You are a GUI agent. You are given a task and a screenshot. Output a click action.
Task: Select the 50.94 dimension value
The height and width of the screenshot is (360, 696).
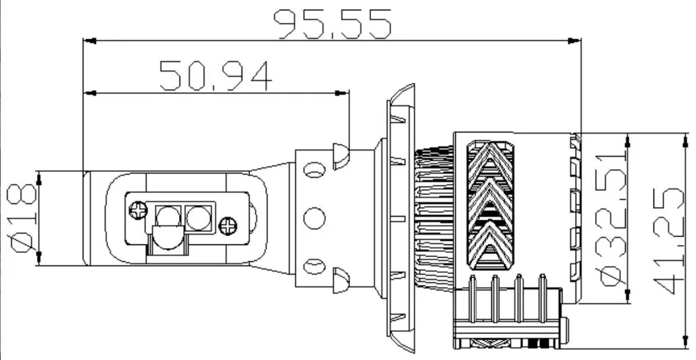(215, 75)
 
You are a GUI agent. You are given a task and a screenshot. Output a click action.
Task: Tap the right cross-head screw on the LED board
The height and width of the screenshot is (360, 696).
(228, 226)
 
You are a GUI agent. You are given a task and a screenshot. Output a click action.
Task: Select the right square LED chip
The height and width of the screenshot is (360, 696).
(198, 217)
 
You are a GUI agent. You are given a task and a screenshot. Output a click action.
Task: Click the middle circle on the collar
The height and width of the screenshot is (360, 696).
(315, 217)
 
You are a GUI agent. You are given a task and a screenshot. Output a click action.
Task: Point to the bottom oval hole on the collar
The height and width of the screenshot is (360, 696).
(315, 265)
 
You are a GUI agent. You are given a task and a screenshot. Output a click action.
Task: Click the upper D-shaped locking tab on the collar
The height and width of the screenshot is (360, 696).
(340, 157)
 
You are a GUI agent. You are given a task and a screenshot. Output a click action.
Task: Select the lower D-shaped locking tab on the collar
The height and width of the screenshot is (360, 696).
(340, 279)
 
